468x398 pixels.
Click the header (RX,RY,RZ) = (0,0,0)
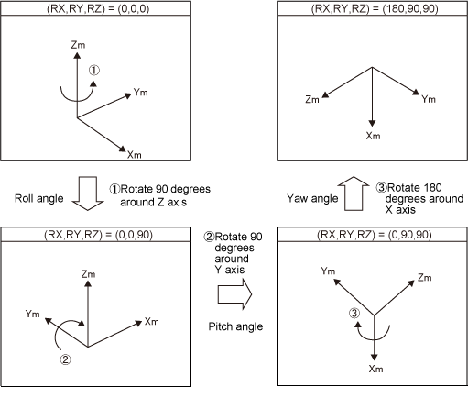[98, 8]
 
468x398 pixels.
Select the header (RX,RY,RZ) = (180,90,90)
[375, 8]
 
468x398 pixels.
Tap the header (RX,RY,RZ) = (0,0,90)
[98, 235]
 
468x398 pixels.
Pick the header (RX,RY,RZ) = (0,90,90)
[375, 235]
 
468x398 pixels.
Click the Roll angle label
[39, 198]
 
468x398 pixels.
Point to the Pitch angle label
[235, 326]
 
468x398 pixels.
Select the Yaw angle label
[312, 198]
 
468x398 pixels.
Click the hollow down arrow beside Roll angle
[88, 193]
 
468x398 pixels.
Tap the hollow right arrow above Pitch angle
[234, 294]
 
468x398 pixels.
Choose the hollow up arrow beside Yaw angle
[354, 193]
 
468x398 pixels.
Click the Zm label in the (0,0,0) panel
[78, 45]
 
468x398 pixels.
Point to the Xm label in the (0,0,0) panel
[135, 155]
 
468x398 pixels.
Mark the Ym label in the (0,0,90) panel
[32, 314]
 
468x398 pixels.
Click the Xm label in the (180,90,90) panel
[374, 136]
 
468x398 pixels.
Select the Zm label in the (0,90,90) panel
[425, 278]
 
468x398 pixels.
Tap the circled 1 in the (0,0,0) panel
[94, 71]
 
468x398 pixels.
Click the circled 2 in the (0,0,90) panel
[65, 359]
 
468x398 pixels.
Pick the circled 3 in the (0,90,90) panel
[354, 313]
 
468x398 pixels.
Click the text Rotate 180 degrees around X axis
[420, 198]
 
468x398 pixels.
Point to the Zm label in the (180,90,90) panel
[312, 99]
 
